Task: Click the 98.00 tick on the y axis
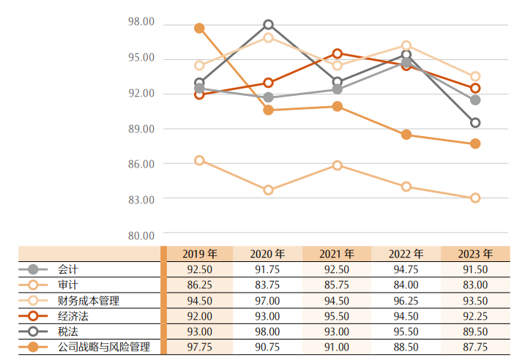tap(141, 22)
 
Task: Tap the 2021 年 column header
tap(337, 254)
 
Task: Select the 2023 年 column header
tap(475, 254)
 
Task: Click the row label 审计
tap(68, 285)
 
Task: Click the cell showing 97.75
tap(198, 347)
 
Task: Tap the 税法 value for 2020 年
tap(267, 331)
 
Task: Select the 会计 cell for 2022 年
tap(406, 269)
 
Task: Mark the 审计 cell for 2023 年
tap(475, 285)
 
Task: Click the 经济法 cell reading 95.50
tap(337, 316)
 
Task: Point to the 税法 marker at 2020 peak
tap(268, 25)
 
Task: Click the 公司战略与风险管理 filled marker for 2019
tap(199, 28)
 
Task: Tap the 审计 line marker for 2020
tap(268, 190)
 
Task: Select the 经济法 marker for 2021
tap(338, 53)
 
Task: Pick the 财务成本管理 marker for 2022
tap(406, 45)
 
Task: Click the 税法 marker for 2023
tap(475, 123)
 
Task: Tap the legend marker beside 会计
tap(33, 269)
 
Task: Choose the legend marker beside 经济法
tap(33, 316)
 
